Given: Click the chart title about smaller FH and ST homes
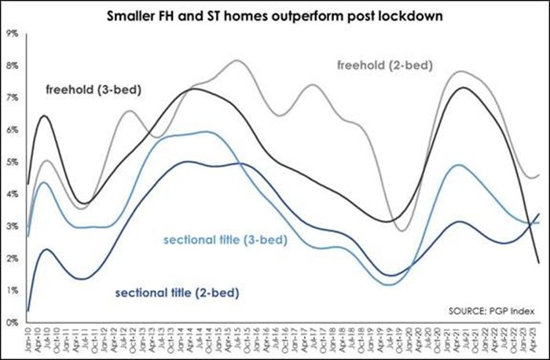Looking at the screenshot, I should pos(275,15).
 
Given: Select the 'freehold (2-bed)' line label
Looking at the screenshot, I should pos(384,64).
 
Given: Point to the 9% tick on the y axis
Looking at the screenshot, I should pos(12,33).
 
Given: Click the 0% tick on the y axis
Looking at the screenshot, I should pos(12,322).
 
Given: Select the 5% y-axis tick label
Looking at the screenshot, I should pos(12,162).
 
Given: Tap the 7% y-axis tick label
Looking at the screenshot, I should pos(12,97).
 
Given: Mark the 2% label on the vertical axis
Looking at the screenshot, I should pos(12,259).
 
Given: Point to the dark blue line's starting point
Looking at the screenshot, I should pos(28,310).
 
